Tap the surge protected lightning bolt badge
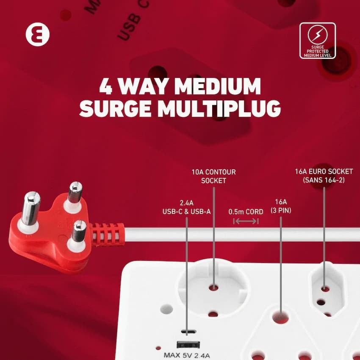click(x=317, y=41)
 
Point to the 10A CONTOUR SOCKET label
click(x=213, y=176)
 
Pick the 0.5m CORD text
click(x=246, y=211)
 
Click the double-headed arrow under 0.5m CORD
click(x=246, y=221)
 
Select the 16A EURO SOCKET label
click(x=324, y=175)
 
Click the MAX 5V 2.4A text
click(x=186, y=355)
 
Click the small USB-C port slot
click(x=186, y=331)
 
